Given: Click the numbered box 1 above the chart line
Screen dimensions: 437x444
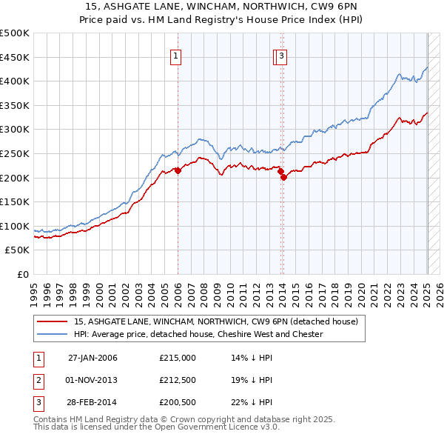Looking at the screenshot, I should tap(176, 58).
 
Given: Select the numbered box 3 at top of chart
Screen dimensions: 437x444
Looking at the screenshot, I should tap(283, 58).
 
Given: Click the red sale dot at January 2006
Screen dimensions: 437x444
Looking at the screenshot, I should tap(178, 170).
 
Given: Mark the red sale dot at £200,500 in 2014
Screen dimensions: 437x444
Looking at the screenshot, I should tap(283, 177).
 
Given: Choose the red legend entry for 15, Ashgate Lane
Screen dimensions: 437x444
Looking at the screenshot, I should tap(216, 321).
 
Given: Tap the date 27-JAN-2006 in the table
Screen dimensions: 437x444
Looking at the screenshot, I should tap(92, 358).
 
